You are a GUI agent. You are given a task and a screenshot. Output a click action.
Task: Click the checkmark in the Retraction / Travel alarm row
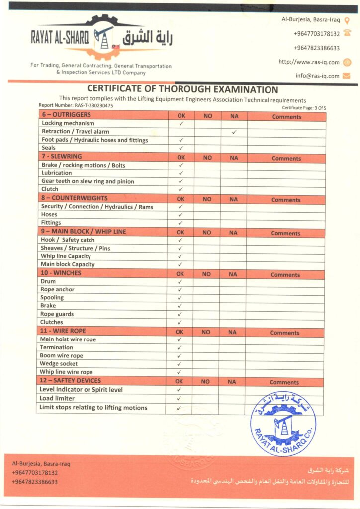[234, 132]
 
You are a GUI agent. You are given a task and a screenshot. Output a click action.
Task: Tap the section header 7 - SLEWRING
[62, 156]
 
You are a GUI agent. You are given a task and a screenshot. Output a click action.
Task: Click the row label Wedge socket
[59, 364]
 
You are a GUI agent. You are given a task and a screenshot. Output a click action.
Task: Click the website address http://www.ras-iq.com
[309, 62]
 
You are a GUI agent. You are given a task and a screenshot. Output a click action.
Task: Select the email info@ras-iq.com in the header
[317, 76]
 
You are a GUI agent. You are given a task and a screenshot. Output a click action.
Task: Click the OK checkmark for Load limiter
[179, 399]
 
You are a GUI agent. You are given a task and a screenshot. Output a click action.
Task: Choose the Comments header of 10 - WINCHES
[285, 275]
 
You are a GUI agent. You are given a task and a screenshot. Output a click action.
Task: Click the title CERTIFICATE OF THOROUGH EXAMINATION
[182, 90]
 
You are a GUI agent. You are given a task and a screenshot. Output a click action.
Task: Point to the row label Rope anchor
[57, 289]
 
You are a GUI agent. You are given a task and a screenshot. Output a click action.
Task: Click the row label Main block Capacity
[67, 264]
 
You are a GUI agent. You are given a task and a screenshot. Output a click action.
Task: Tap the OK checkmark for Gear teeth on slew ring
[181, 181]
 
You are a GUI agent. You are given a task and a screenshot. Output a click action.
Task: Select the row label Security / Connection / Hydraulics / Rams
[97, 206]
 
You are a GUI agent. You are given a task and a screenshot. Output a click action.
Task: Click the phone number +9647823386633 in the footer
[35, 482]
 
